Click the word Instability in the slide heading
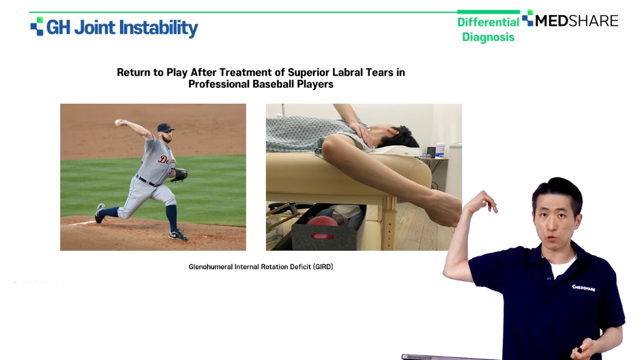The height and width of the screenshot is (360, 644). click(x=158, y=28)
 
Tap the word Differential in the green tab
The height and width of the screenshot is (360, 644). click(x=488, y=22)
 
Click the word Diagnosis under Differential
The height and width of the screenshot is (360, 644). click(x=488, y=37)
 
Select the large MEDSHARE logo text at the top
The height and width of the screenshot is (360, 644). click(x=576, y=21)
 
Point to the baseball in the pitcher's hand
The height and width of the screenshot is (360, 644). click(x=118, y=122)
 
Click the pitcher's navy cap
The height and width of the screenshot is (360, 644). click(x=165, y=127)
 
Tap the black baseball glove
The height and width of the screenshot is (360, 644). click(x=179, y=175)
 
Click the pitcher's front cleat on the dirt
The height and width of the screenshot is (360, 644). click(x=178, y=235)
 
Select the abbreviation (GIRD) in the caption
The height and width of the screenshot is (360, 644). click(x=323, y=267)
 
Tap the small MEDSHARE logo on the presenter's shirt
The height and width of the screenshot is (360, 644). click(x=583, y=287)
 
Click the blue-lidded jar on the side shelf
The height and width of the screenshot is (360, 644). click(x=440, y=149)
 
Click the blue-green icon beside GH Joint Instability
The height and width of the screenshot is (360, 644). click(x=37, y=27)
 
